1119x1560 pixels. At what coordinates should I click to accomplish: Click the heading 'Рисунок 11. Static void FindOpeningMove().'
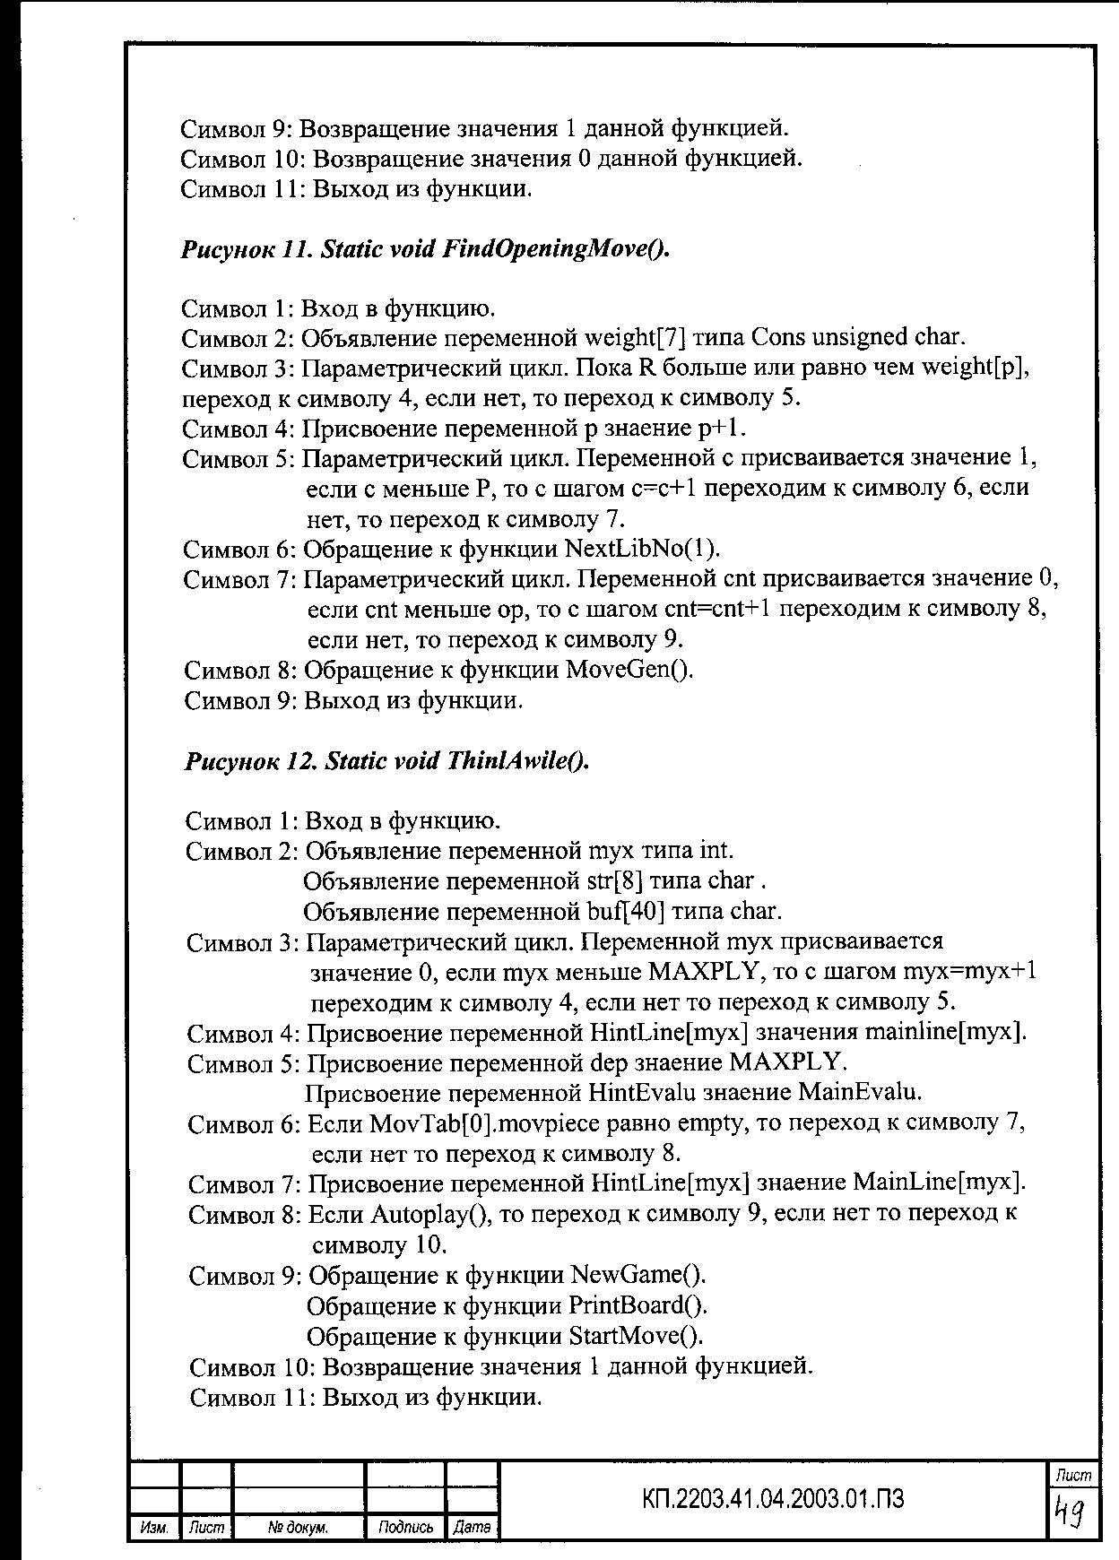[425, 248]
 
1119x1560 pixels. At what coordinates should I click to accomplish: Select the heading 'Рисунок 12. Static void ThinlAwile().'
[386, 760]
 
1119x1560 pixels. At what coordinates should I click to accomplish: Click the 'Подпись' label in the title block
[405, 1527]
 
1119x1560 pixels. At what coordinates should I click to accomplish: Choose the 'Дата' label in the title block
[472, 1527]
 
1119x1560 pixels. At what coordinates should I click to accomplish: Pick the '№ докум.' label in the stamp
[298, 1527]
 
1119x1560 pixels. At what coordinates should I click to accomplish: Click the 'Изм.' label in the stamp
[154, 1527]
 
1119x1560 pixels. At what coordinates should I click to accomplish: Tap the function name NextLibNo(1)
[642, 549]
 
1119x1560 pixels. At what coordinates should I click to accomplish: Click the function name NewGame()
[638, 1274]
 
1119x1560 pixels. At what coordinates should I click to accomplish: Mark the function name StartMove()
[637, 1335]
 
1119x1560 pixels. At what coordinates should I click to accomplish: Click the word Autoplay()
[430, 1214]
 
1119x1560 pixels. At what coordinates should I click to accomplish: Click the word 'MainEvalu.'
[860, 1093]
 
